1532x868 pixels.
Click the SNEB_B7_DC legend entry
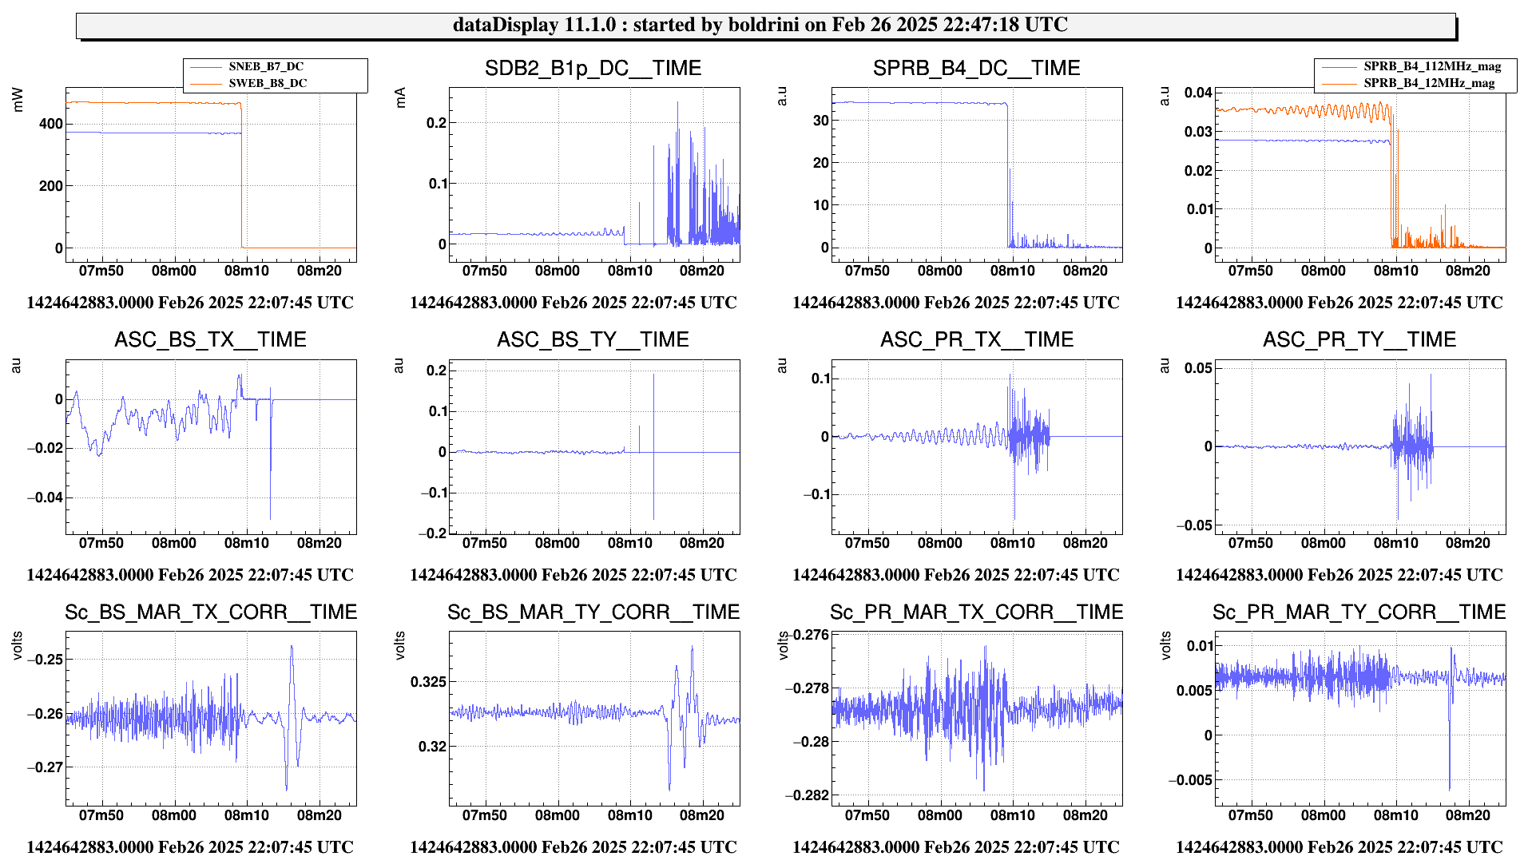266,67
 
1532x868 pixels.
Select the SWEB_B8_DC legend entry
268,83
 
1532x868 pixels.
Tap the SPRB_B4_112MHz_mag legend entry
1431,67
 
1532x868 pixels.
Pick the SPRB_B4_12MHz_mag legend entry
1428,83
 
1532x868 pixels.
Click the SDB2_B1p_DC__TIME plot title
593,69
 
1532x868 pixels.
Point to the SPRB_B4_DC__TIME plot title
976,69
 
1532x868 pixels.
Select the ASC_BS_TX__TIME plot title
210,340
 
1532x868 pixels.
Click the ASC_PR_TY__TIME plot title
1359,340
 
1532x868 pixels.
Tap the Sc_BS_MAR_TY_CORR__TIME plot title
593,612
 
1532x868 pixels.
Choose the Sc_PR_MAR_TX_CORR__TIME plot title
976,612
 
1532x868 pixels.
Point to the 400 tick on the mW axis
50,124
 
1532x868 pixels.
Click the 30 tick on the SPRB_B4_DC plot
820,121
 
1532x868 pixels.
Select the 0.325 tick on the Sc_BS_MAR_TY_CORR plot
428,682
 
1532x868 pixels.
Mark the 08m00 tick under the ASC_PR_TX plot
939,543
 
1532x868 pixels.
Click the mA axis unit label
400,97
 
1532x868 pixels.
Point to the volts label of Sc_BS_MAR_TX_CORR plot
18,645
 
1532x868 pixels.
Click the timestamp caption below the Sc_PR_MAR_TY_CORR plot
1339,846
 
